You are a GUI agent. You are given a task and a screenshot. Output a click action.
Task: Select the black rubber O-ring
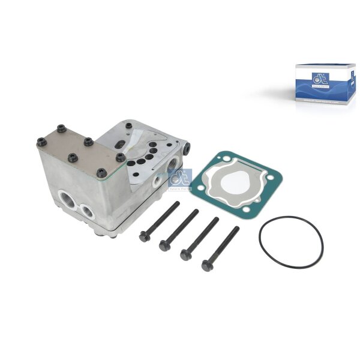291,242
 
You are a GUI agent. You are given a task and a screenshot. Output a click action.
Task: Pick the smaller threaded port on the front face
88,211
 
